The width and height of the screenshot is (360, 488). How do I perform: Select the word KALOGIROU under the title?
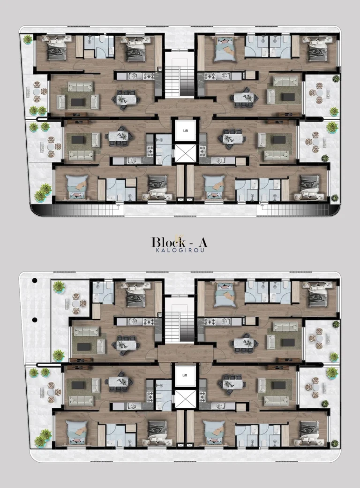tap(180, 251)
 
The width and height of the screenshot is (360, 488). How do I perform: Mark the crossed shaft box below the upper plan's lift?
tap(184, 153)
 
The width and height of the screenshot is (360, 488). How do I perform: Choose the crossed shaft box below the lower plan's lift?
tap(184, 399)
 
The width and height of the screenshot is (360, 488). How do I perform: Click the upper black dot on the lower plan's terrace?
tap(34, 281)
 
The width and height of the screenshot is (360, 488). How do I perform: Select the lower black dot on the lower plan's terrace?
tap(34, 320)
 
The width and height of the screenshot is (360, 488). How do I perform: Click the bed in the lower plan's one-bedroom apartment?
tap(135, 292)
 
